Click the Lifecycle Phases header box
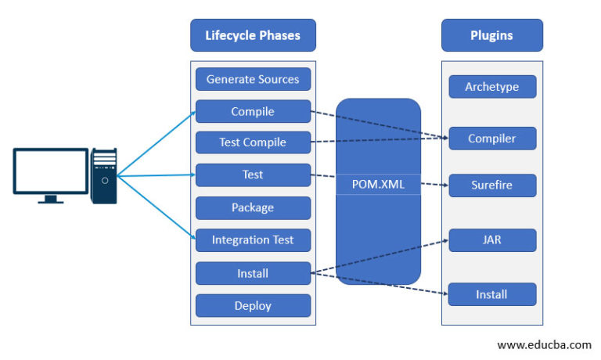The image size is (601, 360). pyautogui.click(x=253, y=35)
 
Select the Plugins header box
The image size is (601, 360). pyautogui.click(x=492, y=35)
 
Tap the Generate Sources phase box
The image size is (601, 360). pyautogui.click(x=253, y=79)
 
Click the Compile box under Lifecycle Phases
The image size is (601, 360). pyautogui.click(x=253, y=112)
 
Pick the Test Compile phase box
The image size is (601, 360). pyautogui.click(x=253, y=142)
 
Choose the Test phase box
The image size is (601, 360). pyautogui.click(x=253, y=175)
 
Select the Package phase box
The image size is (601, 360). pyautogui.click(x=253, y=207)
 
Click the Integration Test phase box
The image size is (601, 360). pyautogui.click(x=253, y=239)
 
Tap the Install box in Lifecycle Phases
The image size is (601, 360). pyautogui.click(x=253, y=273)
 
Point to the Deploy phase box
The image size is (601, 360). pyautogui.click(x=253, y=305)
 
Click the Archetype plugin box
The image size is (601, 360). pyautogui.click(x=492, y=86)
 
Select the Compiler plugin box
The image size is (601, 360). pyautogui.click(x=492, y=139)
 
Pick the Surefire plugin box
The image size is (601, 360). pyautogui.click(x=492, y=185)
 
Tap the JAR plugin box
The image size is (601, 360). pyautogui.click(x=492, y=240)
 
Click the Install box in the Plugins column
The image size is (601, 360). pyautogui.click(x=492, y=294)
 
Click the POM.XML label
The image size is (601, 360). pyautogui.click(x=378, y=186)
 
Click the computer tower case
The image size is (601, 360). pyautogui.click(x=103, y=175)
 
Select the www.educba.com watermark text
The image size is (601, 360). pyautogui.click(x=544, y=344)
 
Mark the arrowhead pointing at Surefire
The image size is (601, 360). pyautogui.click(x=444, y=186)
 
